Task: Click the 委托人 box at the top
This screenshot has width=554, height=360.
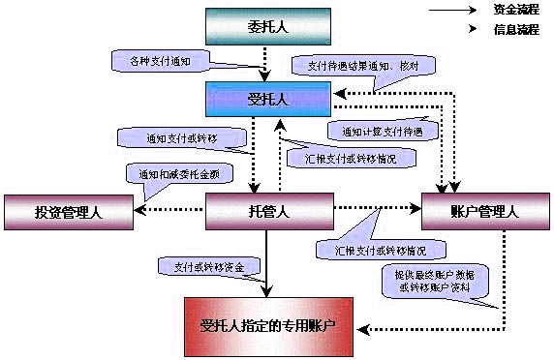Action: point(269,26)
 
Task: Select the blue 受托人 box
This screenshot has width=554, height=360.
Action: point(268,98)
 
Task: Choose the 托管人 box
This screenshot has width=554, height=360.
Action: point(269,212)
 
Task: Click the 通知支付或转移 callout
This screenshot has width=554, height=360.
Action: point(180,138)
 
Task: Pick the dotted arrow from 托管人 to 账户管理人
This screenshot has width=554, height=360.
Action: point(378,207)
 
